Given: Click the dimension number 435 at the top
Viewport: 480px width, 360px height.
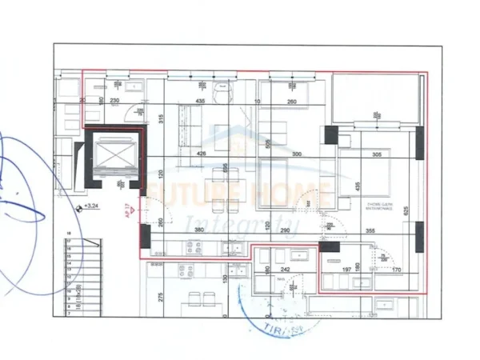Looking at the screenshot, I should click(x=201, y=102).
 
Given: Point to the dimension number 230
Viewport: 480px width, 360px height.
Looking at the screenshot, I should click(x=114, y=101).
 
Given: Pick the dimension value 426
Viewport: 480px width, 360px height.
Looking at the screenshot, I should click(x=202, y=154).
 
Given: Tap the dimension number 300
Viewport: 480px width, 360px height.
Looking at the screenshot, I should click(x=297, y=154).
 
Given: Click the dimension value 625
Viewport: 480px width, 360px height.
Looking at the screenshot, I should click(x=406, y=210).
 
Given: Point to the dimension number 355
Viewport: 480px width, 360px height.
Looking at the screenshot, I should click(x=370, y=231).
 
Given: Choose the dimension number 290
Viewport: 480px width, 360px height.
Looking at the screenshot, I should click(x=284, y=230).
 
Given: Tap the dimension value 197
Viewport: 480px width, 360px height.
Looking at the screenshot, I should click(x=346, y=270).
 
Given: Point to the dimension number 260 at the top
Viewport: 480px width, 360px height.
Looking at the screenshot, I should click(x=292, y=102).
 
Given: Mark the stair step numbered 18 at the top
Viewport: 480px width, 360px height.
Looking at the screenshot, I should click(x=70, y=234).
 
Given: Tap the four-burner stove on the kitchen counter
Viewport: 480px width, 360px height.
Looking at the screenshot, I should click(x=194, y=247).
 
